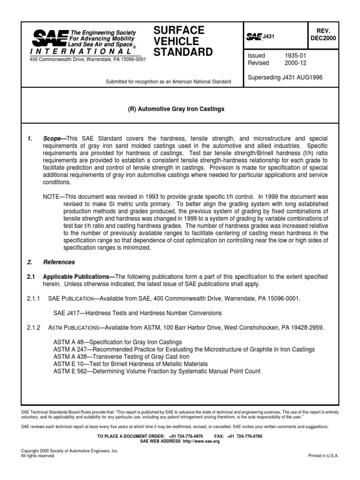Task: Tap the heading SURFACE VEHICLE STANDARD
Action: pos(183,41)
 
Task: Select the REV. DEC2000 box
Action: pos(323,35)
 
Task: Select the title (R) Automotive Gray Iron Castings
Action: pos(180,109)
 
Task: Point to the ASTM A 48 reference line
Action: pos(118,342)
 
